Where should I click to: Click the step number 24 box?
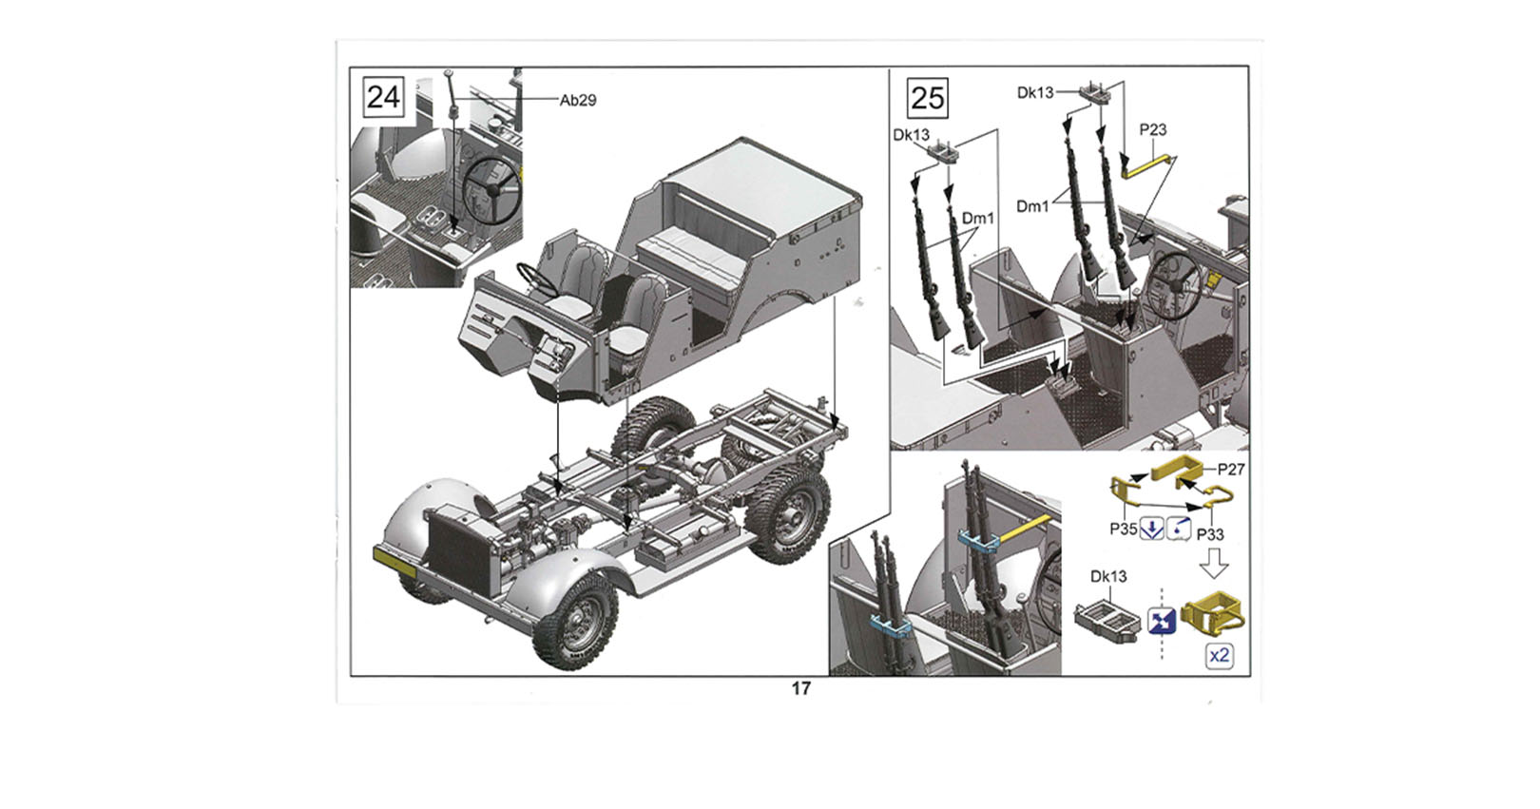pyautogui.click(x=383, y=98)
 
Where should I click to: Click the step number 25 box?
pyautogui.click(x=928, y=98)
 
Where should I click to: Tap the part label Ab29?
pyautogui.click(x=578, y=101)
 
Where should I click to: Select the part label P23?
pyautogui.click(x=1153, y=129)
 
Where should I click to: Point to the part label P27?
pyautogui.click(x=1231, y=470)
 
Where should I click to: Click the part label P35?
pyautogui.click(x=1124, y=529)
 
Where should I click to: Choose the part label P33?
pyautogui.click(x=1210, y=534)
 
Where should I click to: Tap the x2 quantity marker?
pyautogui.click(x=1219, y=656)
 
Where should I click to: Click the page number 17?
pyautogui.click(x=801, y=688)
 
